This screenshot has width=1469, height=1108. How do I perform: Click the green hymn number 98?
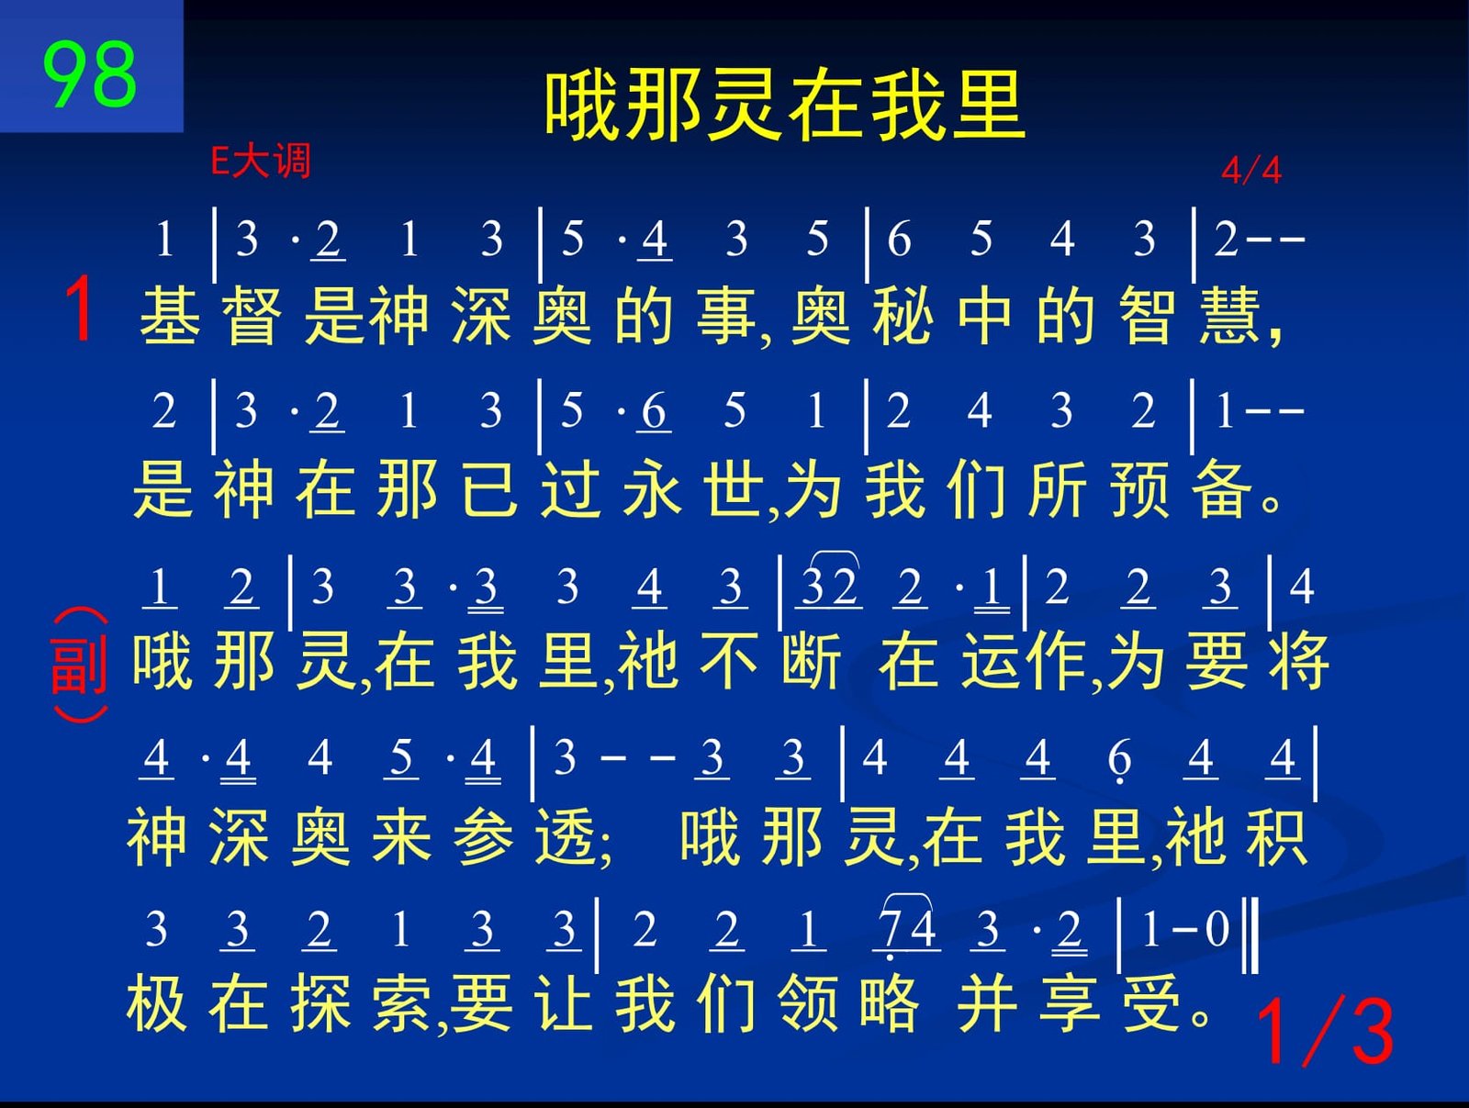pos(90,73)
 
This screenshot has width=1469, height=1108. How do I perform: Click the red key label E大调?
pos(261,162)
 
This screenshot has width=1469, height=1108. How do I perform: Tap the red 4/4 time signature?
pos(1250,170)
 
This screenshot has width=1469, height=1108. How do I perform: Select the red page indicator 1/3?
pos(1324,1031)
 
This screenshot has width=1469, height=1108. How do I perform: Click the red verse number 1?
pos(80,308)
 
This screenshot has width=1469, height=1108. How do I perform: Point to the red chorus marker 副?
pos(79,665)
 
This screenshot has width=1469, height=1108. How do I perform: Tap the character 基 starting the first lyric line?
pos(169,316)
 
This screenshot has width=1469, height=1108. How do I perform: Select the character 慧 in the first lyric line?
pos(1230,316)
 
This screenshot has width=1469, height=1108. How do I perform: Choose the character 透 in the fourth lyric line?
pos(566,836)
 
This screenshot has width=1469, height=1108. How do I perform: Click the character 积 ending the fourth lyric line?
pos(1278,836)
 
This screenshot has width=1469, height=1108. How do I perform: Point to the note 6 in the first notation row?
pos(900,239)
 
